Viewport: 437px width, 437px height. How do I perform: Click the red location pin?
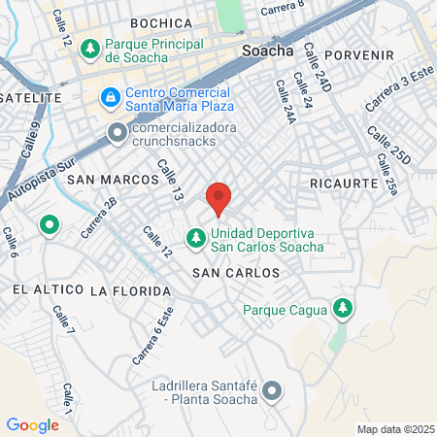(x=219, y=196)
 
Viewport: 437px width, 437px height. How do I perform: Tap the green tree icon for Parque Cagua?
(x=341, y=309)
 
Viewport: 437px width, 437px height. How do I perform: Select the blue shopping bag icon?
(x=108, y=98)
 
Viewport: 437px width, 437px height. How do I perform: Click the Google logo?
(x=32, y=424)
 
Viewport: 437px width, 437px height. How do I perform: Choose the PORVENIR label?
(x=360, y=55)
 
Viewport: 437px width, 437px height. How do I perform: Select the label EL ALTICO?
(x=43, y=290)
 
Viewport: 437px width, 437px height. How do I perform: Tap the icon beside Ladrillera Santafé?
(x=272, y=391)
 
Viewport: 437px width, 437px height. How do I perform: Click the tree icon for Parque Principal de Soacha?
(x=90, y=47)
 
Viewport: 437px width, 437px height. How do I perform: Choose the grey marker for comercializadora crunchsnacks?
(x=117, y=131)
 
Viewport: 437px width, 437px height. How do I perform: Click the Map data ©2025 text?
(x=396, y=429)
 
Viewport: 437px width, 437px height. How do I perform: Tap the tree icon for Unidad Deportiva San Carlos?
(x=195, y=236)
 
